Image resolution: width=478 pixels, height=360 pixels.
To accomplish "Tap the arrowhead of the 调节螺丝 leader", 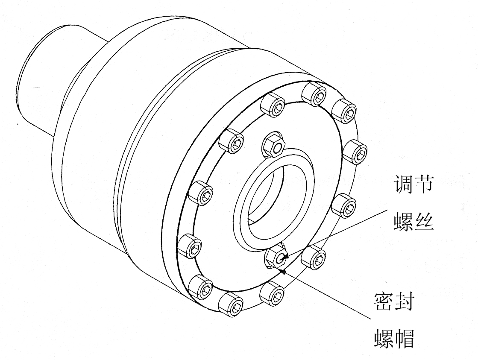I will pyautogui.click(x=286, y=258).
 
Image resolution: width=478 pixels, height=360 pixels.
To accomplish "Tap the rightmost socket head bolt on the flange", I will pyautogui.click(x=355, y=150).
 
